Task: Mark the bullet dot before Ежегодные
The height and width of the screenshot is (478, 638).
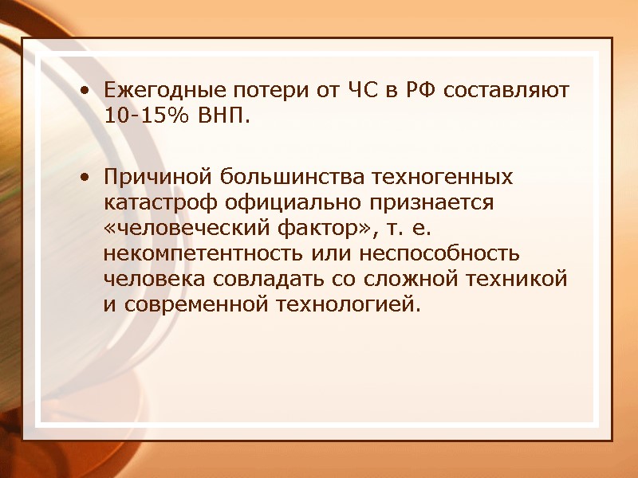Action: tap(85, 91)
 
